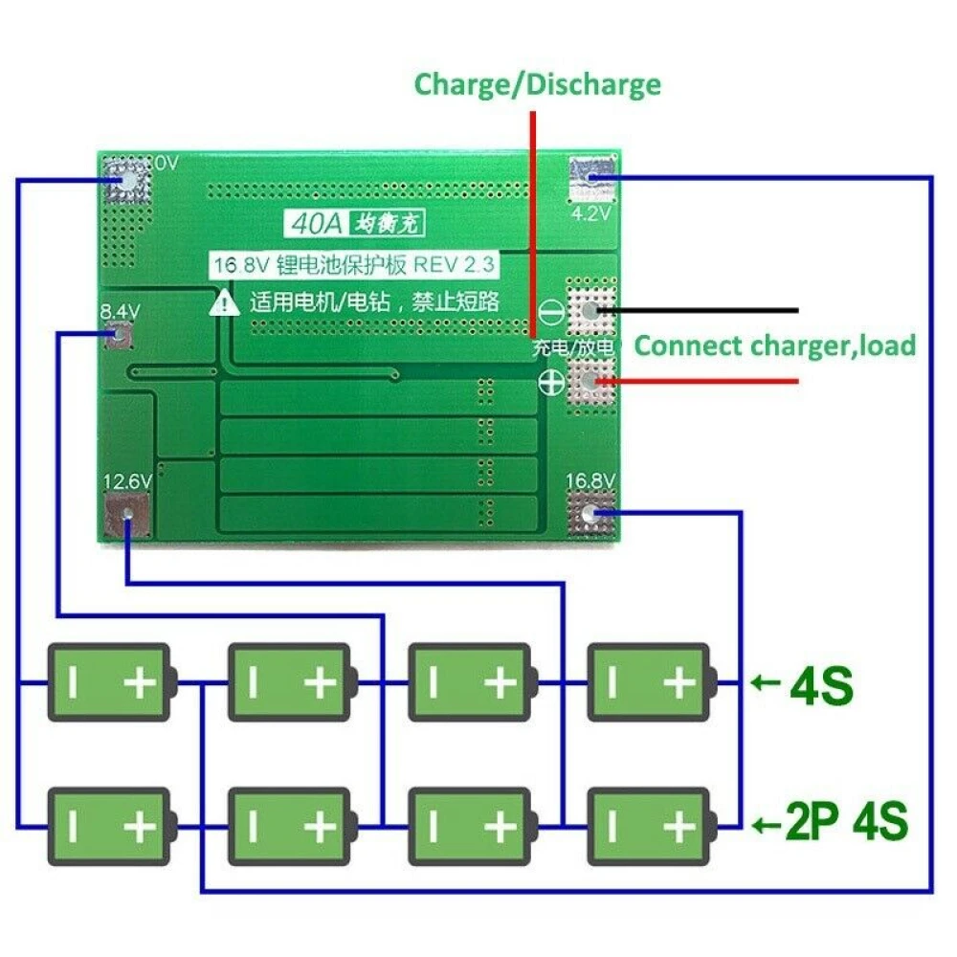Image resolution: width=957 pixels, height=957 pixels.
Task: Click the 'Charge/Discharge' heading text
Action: tap(537, 84)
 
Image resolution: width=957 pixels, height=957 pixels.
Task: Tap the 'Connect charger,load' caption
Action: tap(775, 345)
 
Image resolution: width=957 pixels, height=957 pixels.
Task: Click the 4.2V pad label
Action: tap(590, 213)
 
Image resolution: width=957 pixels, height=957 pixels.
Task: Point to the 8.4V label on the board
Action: tap(121, 312)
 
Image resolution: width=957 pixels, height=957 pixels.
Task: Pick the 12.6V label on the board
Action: tap(127, 481)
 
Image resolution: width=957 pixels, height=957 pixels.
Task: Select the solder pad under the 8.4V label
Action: tap(121, 336)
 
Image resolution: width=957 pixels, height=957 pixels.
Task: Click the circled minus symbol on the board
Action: tap(551, 311)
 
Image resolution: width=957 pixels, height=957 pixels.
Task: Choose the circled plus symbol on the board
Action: tap(551, 382)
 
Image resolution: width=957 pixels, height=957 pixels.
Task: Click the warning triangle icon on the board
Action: tap(225, 302)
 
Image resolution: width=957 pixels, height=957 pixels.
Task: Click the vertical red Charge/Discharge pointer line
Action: tap(532, 220)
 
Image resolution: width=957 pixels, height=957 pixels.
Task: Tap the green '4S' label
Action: tap(821, 684)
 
